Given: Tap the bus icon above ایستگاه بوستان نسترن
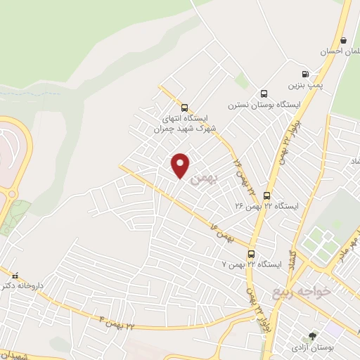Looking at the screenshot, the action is click(x=264, y=94).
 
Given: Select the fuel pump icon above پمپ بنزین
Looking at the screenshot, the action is click(x=304, y=74).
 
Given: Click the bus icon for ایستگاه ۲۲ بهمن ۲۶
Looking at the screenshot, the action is click(x=266, y=195).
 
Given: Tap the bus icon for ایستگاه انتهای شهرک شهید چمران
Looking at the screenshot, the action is click(x=184, y=108).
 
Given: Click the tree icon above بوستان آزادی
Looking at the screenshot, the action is click(x=312, y=337).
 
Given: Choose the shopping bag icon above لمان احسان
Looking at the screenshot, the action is click(x=342, y=41).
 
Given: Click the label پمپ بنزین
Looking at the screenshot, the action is click(x=304, y=85).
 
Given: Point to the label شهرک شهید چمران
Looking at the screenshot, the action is click(x=185, y=129).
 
